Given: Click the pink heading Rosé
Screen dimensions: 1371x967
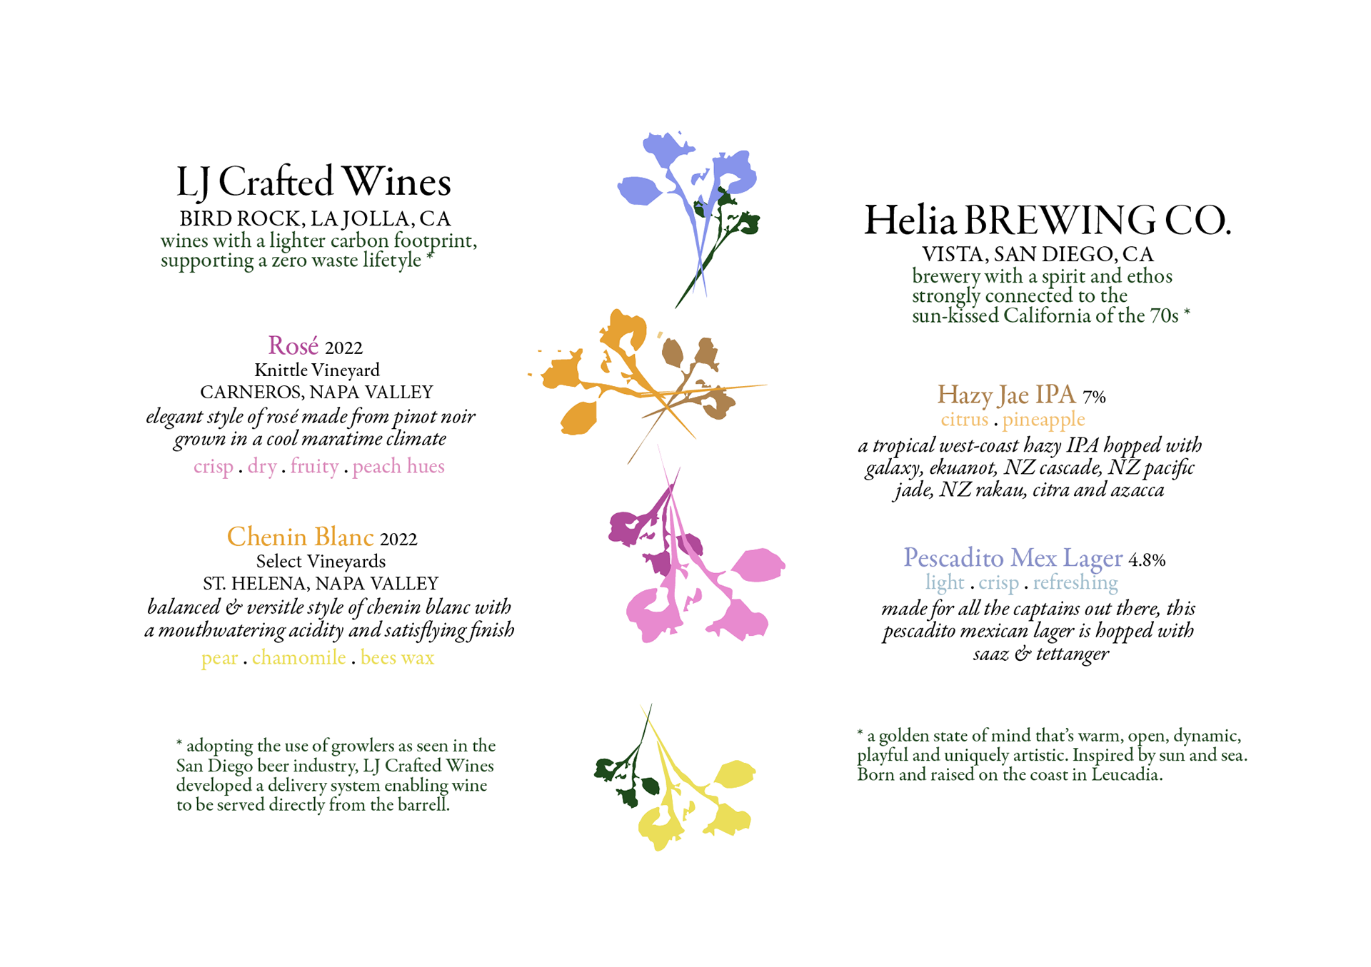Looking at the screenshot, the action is click(293, 346).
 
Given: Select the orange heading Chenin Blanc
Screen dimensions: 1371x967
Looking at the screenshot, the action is click(301, 537).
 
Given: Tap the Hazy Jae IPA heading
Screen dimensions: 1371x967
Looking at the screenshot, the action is click(1005, 395).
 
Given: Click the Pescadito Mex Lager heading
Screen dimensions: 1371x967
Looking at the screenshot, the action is click(1013, 558).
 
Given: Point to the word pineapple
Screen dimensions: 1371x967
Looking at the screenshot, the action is click(1043, 420).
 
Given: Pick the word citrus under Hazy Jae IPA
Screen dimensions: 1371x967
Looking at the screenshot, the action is click(964, 420).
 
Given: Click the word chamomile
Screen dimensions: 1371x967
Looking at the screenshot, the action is click(298, 657).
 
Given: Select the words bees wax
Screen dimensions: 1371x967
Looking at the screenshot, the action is click(397, 657).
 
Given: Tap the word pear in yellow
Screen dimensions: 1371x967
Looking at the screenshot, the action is click(219, 658).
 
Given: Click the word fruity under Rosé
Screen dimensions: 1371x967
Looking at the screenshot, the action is click(314, 467).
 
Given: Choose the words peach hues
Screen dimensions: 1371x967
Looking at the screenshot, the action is click(398, 467).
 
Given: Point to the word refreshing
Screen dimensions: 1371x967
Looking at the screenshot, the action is click(1075, 583).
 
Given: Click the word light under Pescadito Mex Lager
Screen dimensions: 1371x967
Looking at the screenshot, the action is click(944, 583).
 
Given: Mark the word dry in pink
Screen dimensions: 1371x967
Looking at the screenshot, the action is click(262, 467).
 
